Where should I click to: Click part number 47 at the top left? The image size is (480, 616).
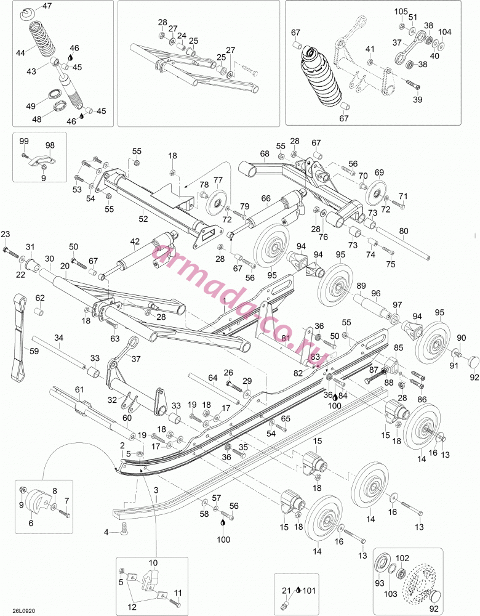[x=47, y=6]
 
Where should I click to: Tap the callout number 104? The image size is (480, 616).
[x=445, y=32]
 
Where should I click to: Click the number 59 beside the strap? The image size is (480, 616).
[x=34, y=351]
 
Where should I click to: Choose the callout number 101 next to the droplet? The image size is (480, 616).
[x=310, y=591]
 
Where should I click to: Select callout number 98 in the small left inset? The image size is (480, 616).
[x=50, y=145]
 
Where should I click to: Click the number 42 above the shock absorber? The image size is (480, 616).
[x=135, y=241]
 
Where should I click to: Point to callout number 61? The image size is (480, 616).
[x=79, y=389]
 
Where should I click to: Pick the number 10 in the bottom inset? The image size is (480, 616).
[x=153, y=563]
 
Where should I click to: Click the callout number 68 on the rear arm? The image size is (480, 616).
[x=265, y=153]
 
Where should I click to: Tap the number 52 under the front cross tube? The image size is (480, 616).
[x=143, y=219]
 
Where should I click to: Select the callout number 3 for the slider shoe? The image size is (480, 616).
[x=156, y=490]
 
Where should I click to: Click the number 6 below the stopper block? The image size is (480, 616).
[x=31, y=523]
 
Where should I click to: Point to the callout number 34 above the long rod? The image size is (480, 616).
[x=58, y=338]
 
